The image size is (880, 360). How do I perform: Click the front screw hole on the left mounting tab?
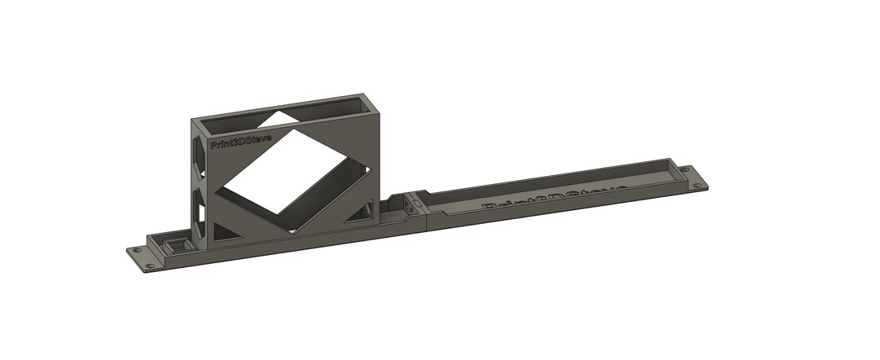tap(150, 266)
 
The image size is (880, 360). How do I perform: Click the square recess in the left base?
tap(174, 245)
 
